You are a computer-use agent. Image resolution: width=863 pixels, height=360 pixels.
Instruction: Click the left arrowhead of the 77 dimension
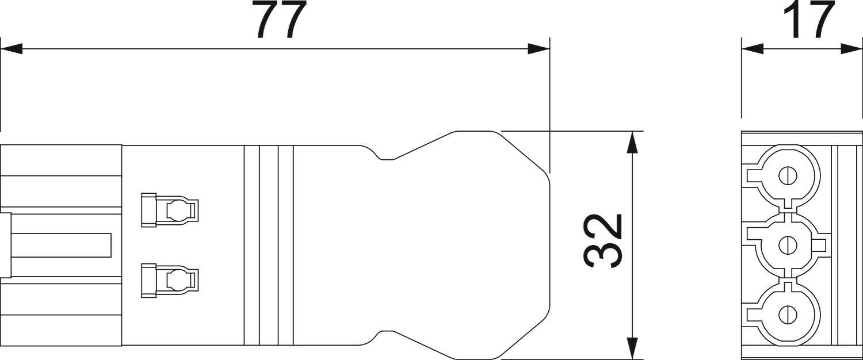point(11,49)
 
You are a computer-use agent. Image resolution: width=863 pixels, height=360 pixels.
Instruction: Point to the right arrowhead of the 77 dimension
point(539,49)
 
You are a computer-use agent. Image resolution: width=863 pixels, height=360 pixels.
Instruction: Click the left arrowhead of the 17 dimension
point(753,49)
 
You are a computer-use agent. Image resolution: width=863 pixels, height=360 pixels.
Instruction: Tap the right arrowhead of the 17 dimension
point(851,49)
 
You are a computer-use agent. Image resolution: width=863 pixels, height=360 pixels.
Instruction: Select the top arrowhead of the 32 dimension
point(631,143)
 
